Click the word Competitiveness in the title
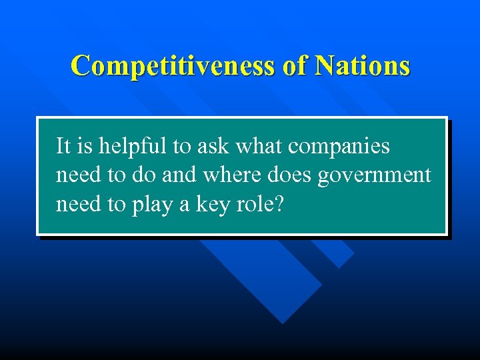point(171,66)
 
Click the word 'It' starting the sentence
point(63,145)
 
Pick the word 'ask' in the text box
point(212,145)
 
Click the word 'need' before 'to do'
point(77,175)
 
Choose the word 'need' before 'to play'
point(77,204)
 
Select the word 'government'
point(374,176)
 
